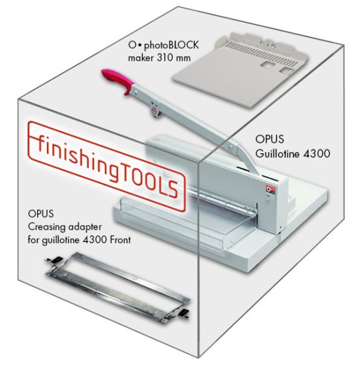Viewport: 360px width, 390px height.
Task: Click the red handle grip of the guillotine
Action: click(x=117, y=79)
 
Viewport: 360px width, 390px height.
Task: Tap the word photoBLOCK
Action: click(x=172, y=46)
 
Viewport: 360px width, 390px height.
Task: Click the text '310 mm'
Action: click(x=174, y=58)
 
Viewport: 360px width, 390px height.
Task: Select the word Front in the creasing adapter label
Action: click(x=120, y=240)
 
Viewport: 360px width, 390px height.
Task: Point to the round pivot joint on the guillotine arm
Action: click(x=155, y=110)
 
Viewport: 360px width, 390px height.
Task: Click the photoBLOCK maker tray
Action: click(x=240, y=70)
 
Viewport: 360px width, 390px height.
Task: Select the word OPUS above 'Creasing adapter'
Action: click(x=41, y=214)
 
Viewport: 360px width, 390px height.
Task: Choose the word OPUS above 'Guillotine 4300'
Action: click(x=270, y=140)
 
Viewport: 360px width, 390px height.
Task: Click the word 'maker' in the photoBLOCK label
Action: click(x=141, y=58)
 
